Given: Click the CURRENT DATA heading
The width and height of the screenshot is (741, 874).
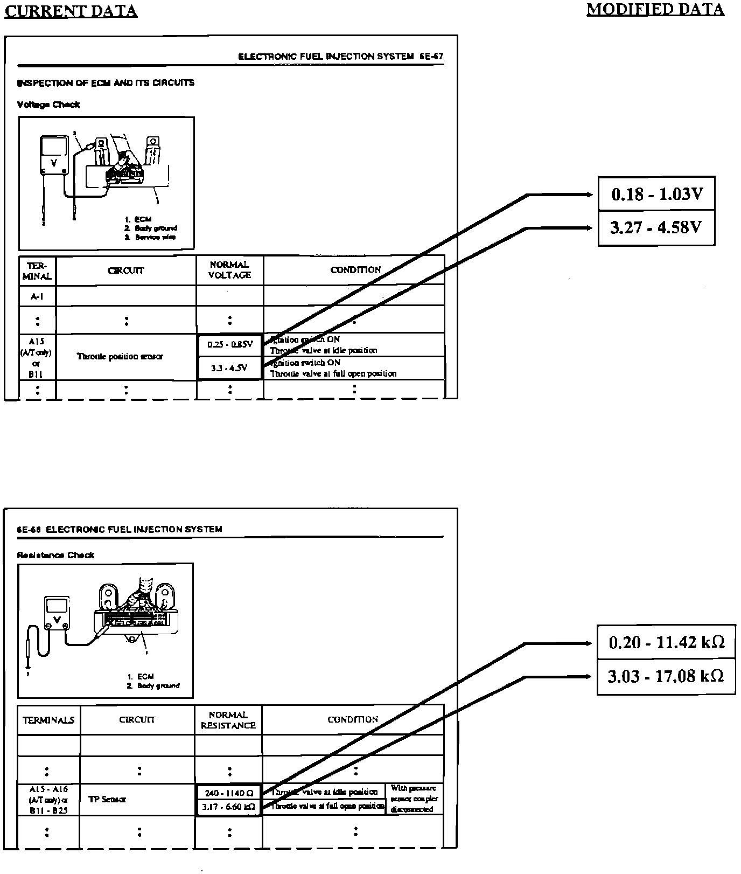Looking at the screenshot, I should (71, 11).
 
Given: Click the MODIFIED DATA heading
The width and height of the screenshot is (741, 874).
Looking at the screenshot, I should (655, 9).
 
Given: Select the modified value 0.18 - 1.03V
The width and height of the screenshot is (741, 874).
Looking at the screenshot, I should (656, 194).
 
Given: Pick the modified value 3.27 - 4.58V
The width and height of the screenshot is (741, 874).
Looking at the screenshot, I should (656, 227).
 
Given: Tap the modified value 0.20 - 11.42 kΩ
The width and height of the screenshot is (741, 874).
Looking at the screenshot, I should (666, 642).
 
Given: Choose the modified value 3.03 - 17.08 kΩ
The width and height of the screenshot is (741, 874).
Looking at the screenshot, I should (666, 676).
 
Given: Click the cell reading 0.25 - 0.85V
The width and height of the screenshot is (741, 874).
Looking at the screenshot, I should (229, 345).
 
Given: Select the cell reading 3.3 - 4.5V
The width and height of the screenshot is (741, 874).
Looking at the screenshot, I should (229, 368).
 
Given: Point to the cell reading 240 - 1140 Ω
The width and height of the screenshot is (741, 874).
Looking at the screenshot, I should (228, 793).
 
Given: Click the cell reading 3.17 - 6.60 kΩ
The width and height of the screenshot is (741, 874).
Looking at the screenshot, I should (228, 807).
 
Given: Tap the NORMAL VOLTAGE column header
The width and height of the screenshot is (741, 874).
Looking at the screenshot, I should (229, 270).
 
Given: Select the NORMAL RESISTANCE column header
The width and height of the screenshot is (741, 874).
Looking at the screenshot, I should (228, 720).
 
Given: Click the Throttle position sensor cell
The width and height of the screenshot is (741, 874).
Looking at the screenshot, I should (120, 356).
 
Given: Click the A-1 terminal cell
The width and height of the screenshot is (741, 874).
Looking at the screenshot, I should (37, 296).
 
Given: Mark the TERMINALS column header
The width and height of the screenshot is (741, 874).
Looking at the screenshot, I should (48, 720).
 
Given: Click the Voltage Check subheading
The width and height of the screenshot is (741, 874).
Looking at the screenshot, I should (48, 105).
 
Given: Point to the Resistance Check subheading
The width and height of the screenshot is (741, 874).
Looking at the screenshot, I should (55, 555).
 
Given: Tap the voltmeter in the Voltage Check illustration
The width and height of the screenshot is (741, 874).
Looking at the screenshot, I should (54, 155).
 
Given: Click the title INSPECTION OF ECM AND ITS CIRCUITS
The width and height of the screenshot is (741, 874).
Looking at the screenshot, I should (106, 83).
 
